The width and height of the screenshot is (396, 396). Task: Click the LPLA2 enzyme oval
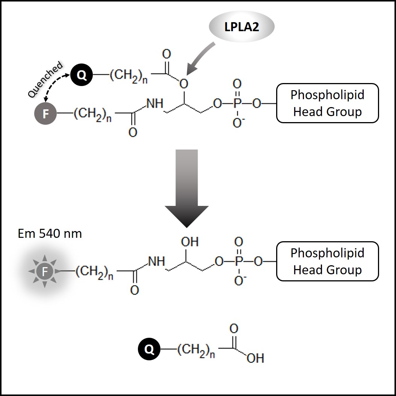242,27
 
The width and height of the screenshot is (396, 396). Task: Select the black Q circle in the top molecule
82,75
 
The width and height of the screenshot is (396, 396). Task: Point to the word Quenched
45,80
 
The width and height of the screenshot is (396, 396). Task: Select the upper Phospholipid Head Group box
327,103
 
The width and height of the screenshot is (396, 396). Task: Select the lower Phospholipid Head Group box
327,261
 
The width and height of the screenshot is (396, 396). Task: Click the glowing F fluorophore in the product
45,271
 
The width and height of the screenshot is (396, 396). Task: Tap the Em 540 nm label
50,234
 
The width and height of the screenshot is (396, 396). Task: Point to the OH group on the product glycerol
190,242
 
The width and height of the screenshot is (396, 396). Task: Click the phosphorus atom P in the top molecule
237,103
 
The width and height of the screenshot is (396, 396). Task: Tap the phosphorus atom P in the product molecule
238,261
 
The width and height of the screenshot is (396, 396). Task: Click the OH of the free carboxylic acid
255,358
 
